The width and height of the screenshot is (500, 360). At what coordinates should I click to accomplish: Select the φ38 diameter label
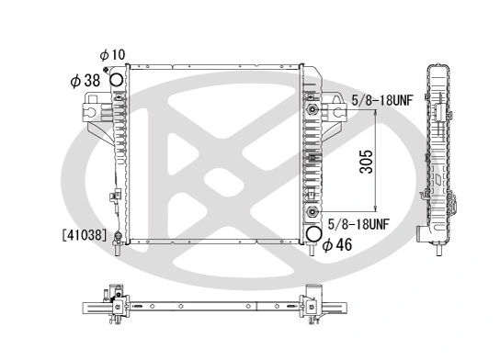85,81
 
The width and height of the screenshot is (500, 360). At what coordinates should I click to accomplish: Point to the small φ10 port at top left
109,71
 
